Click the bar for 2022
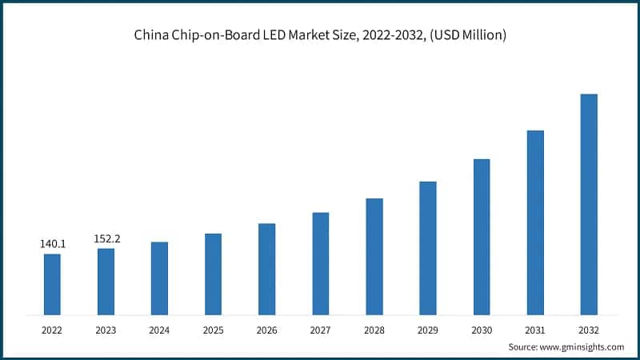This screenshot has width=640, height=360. [52, 284]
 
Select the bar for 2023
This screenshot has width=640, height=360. [106, 281]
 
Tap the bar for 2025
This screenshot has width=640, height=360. [213, 274]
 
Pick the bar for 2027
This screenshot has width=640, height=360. [320, 263]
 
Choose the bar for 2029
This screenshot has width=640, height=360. [428, 247]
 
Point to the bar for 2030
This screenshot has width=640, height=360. [482, 236]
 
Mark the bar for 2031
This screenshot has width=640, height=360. [535, 222]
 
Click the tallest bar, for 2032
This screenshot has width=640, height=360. [589, 204]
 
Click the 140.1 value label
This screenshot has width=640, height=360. [52, 243]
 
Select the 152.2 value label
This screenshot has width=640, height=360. [106, 238]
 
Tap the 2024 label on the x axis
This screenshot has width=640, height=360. [159, 329]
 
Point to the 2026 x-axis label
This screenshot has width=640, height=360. [266, 329]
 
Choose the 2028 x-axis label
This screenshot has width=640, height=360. [374, 329]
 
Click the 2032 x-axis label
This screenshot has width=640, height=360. [589, 329]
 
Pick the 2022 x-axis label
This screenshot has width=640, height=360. [52, 329]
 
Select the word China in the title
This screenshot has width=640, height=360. [151, 35]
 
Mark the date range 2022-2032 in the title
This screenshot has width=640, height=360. [391, 35]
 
